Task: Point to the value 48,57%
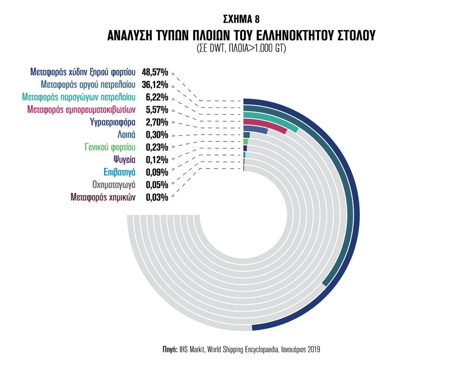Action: pyautogui.click(x=155, y=73)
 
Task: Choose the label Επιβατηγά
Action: pyautogui.click(x=120, y=172)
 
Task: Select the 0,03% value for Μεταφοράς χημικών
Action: pyautogui.click(x=157, y=197)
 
